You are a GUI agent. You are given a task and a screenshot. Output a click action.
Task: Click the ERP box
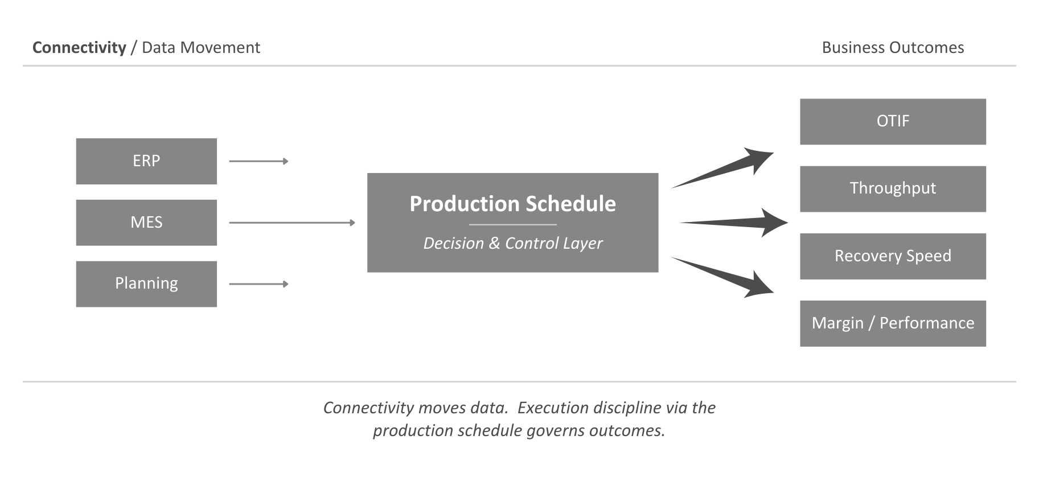146,161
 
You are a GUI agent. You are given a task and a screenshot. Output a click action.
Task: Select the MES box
146,223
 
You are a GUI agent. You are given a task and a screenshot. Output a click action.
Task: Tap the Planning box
146,284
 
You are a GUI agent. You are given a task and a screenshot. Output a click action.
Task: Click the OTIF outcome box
892,122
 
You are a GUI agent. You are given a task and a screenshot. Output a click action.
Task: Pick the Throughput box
892,189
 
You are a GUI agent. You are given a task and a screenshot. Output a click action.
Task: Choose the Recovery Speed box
892,256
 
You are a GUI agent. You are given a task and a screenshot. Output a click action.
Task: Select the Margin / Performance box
892,323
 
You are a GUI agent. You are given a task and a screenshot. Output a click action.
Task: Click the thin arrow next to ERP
258,162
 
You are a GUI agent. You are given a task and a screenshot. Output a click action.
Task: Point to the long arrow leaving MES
291,223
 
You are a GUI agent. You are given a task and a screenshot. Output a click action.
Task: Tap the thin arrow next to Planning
258,284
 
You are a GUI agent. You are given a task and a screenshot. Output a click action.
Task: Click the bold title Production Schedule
512,204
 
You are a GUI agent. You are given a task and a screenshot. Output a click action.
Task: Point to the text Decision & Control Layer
512,244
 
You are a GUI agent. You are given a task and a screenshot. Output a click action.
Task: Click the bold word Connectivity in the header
79,48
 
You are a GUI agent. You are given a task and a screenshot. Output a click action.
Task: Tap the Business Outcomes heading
892,48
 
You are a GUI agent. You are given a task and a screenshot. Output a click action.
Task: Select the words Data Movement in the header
200,48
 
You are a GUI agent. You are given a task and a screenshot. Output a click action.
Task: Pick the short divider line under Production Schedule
512,225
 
